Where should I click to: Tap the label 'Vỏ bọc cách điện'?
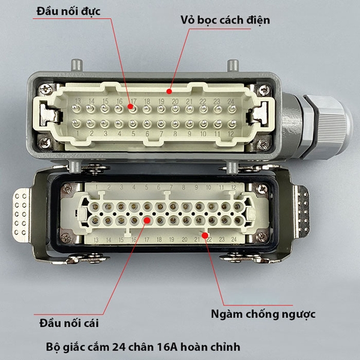225,20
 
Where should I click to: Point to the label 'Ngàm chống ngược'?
263,314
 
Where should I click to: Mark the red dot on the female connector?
146,220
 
